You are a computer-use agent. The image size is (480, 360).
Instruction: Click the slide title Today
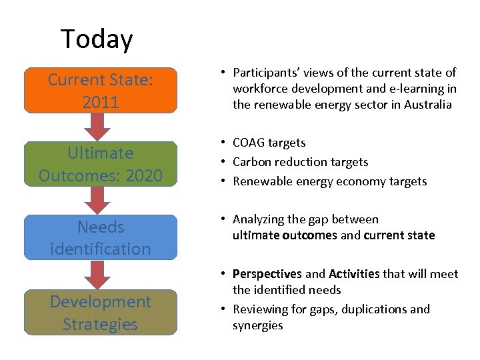(x=97, y=39)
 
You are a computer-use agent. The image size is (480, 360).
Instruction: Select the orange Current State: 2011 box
(x=101, y=91)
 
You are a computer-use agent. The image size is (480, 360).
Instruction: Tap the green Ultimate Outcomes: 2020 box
(x=101, y=164)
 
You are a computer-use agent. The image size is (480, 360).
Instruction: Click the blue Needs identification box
(x=101, y=237)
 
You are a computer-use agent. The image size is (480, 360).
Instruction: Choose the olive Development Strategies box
(x=101, y=312)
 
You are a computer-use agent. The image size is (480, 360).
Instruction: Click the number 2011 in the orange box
(x=101, y=103)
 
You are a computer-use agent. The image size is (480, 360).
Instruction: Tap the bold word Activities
(x=353, y=274)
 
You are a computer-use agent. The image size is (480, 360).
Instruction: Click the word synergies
(x=257, y=325)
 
